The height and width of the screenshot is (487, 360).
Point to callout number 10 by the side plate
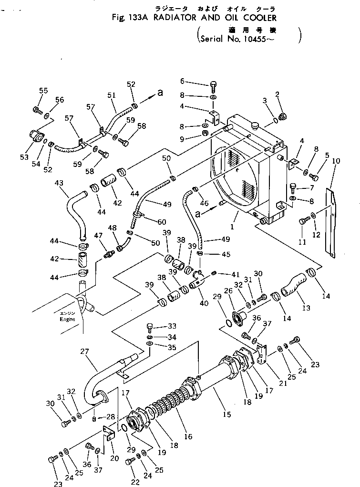click(336, 161)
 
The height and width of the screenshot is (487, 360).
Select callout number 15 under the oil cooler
click(226, 414)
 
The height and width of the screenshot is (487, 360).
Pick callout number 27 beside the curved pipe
click(85, 352)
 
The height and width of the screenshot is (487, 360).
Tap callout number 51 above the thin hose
click(112, 95)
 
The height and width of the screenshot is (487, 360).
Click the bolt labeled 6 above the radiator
click(213, 86)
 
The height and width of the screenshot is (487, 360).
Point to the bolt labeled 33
click(151, 327)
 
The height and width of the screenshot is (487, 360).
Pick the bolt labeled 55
click(37, 110)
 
